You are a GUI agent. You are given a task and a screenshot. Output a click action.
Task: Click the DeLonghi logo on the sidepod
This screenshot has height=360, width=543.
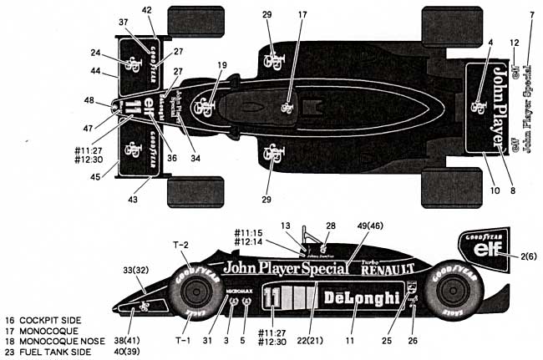[x=355, y=298]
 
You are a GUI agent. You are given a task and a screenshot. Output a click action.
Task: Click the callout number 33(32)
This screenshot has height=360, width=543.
[x=130, y=271]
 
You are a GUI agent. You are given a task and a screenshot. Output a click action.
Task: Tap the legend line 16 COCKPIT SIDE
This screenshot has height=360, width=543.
[x=43, y=320]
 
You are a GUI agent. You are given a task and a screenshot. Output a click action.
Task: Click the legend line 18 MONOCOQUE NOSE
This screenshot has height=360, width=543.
[x=48, y=342]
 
